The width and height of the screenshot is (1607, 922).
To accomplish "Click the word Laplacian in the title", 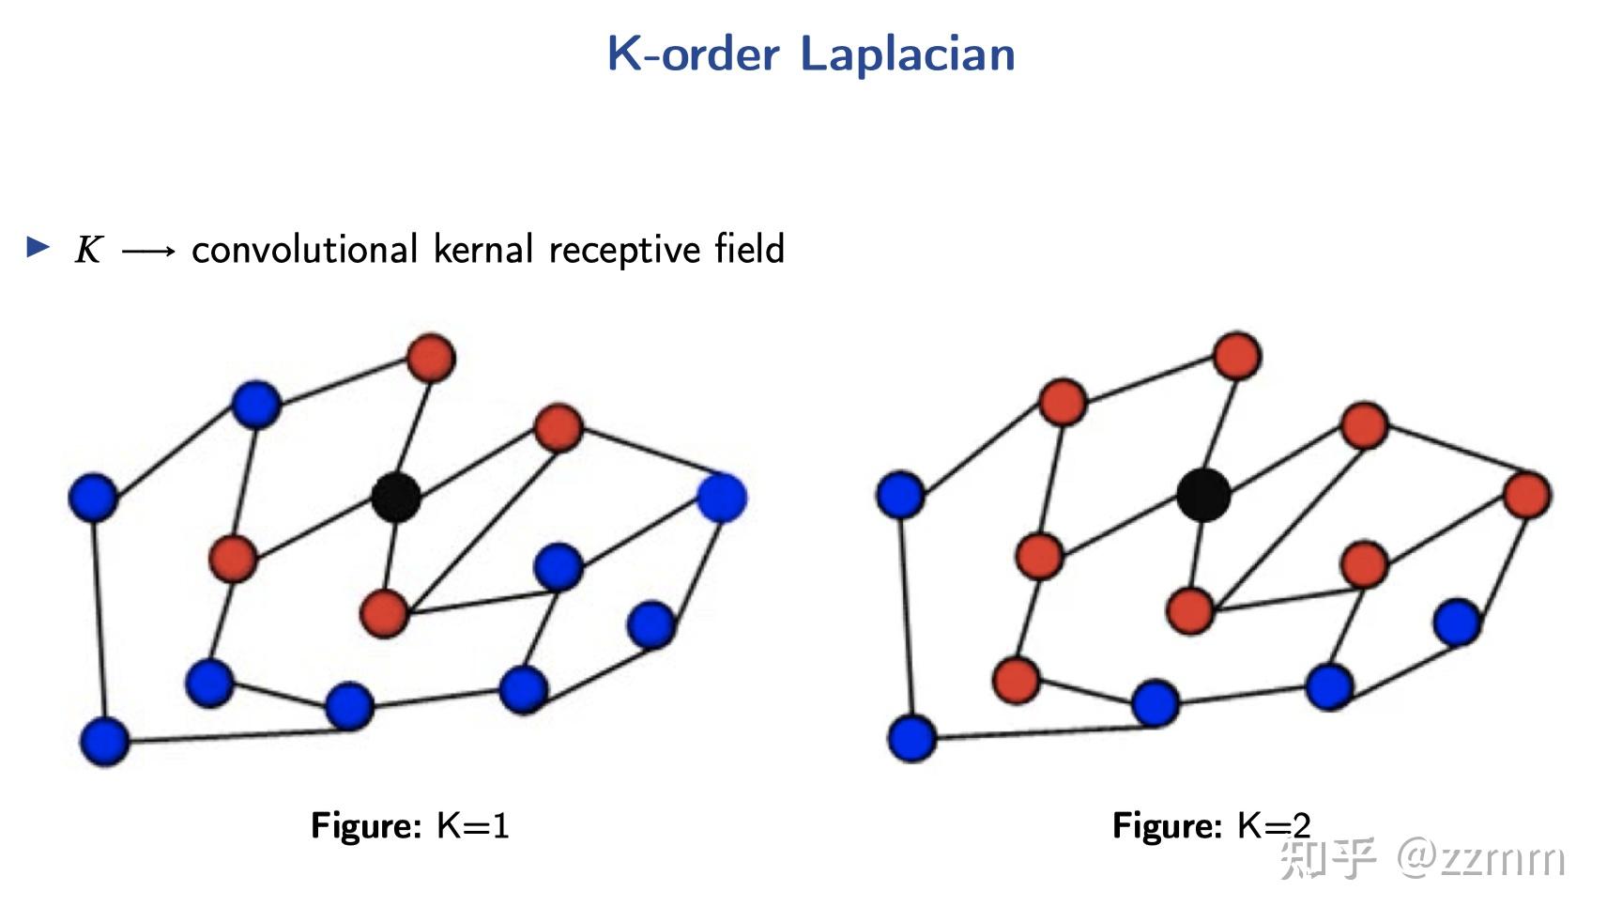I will (907, 54).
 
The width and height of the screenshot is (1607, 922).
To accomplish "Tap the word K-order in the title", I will (693, 54).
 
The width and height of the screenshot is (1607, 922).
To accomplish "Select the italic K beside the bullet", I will (88, 250).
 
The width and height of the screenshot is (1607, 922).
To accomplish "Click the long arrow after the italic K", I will (148, 251).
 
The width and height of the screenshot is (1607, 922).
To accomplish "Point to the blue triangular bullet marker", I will (38, 247).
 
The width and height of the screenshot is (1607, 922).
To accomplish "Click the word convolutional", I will (304, 250).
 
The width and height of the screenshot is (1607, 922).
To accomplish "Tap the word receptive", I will (624, 251).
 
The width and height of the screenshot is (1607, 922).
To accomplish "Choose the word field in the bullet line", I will (749, 249).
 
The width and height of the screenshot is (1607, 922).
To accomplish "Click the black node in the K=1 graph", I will (395, 498).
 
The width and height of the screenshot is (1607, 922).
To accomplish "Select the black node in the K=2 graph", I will (1203, 494).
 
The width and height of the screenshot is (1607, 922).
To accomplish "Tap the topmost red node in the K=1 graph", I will (431, 358).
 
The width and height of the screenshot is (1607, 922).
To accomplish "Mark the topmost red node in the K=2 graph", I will (1236, 356).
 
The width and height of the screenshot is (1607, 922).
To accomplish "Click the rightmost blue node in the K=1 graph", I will (722, 498).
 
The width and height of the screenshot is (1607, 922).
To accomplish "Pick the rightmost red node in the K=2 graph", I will (1526, 495).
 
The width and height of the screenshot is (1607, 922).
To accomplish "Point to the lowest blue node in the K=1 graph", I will (104, 741).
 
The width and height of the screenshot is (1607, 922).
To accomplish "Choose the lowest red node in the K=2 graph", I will (1016, 679).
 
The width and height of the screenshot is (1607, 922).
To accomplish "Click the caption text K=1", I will (473, 825).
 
